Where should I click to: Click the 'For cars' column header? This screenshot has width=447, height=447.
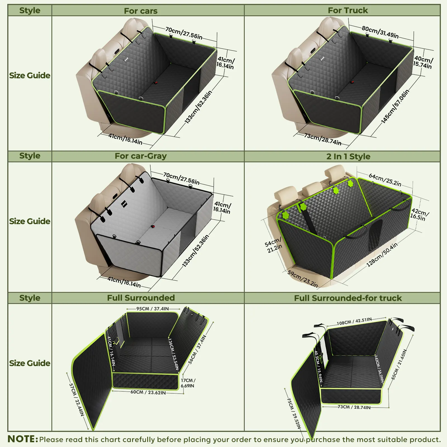[x=141, y=11]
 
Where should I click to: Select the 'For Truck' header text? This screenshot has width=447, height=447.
[x=348, y=10]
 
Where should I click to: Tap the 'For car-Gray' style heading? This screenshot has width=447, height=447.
[x=141, y=156]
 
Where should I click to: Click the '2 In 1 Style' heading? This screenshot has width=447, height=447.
[x=348, y=156]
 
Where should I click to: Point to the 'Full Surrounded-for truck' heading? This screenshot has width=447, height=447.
[x=348, y=298]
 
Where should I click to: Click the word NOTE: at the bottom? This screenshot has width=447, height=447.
[x=23, y=439]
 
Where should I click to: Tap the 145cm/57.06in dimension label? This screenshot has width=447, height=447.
[x=395, y=106]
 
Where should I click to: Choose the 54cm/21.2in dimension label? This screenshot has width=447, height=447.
[x=274, y=245]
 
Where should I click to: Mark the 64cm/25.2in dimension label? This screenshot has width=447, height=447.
[x=385, y=180]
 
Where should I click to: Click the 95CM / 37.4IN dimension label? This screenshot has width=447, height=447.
[x=153, y=309]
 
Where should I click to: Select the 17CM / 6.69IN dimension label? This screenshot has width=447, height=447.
[x=188, y=383]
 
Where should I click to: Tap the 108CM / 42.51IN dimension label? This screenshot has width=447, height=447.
[x=354, y=321]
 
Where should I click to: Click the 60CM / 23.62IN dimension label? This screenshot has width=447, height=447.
[x=148, y=392]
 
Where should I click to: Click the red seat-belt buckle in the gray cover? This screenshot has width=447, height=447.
[x=153, y=227]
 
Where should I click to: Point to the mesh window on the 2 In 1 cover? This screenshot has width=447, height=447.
[x=374, y=235]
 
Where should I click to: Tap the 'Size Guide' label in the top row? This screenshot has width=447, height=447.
[x=30, y=75]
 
